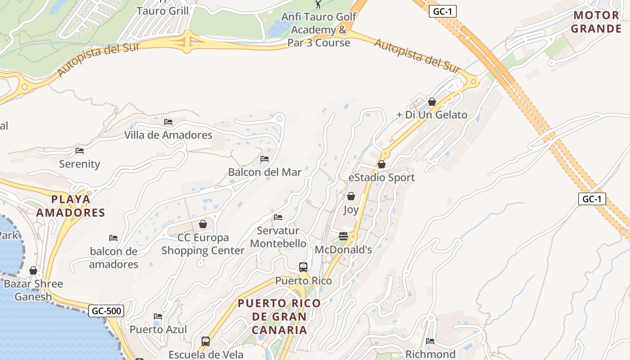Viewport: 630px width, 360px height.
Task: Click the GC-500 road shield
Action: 106,310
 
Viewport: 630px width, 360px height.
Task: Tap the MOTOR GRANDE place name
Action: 597,22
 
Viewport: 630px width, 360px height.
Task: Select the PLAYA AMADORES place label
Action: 71,206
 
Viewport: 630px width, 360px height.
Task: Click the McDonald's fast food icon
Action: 343,236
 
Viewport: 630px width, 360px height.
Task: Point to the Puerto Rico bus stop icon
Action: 303,267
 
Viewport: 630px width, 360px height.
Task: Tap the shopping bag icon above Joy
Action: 351,196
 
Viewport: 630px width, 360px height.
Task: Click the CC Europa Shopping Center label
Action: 202,244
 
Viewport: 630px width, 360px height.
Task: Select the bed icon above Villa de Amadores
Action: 168,121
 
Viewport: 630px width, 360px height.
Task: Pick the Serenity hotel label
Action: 80,164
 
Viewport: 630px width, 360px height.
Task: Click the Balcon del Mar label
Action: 265,172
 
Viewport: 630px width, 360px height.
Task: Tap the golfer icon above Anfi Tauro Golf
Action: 319,4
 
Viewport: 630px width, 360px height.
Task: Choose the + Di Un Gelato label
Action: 432,115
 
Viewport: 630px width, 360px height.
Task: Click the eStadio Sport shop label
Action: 382,177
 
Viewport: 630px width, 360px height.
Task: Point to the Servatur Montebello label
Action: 278,237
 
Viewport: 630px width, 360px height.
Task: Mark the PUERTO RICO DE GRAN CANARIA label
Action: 279,316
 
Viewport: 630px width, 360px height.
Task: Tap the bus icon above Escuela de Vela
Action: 206,341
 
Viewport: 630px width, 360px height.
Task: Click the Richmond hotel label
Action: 430,354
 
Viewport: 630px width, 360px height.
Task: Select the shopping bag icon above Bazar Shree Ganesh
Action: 33,270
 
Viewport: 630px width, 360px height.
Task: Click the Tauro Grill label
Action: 162,11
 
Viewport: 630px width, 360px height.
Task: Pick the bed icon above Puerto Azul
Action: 158,316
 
